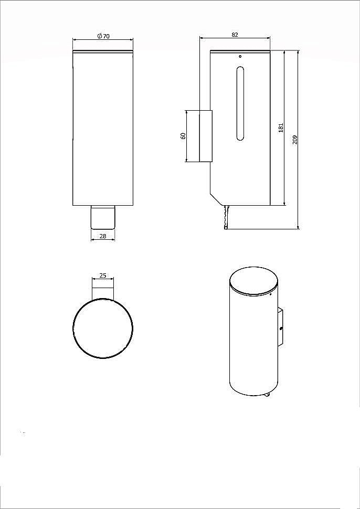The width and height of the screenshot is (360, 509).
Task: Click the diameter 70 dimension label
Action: (103, 36)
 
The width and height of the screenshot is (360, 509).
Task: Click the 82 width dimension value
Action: (235, 35)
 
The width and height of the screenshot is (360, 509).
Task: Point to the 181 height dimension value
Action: (281, 127)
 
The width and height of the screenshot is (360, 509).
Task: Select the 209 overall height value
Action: (295, 140)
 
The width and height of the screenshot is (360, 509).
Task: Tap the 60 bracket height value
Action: (183, 135)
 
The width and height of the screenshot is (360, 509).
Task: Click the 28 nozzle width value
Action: (103, 236)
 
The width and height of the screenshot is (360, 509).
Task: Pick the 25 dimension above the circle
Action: (103, 275)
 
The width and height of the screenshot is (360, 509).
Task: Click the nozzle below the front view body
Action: (103, 217)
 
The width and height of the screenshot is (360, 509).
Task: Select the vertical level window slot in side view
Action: (240, 103)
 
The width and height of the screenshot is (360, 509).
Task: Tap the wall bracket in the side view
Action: (205, 136)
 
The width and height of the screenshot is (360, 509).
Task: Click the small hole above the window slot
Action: (240, 56)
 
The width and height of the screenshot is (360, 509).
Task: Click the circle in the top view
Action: (103, 329)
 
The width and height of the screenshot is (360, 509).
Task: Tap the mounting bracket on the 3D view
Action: (280, 327)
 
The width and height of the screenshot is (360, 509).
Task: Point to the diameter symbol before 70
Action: (99, 36)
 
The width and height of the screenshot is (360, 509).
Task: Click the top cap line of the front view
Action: (103, 51)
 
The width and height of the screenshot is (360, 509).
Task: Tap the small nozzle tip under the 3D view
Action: (268, 395)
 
